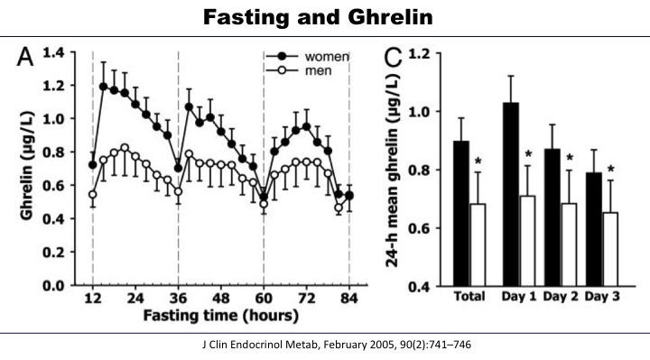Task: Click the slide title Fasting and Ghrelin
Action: coord(324,17)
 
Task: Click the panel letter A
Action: coord(30,60)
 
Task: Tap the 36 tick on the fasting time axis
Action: coord(178,300)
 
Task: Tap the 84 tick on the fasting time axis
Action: coord(348,300)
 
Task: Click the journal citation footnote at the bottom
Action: coord(324,344)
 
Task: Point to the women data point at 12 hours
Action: coord(93,165)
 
